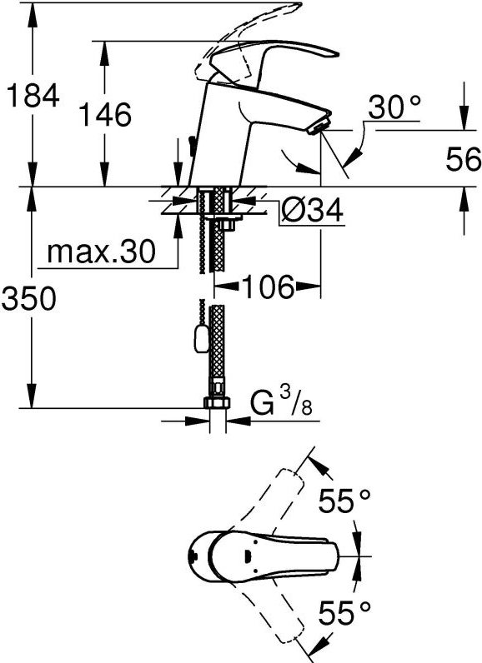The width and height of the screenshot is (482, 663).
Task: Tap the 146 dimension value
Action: click(106, 115)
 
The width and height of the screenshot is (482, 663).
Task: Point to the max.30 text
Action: click(101, 252)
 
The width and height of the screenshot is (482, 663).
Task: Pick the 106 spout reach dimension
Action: click(267, 287)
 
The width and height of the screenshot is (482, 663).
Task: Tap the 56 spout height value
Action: click(464, 160)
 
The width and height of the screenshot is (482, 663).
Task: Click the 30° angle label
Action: click(394, 107)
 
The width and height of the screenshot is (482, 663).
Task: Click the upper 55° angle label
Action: click(344, 501)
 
